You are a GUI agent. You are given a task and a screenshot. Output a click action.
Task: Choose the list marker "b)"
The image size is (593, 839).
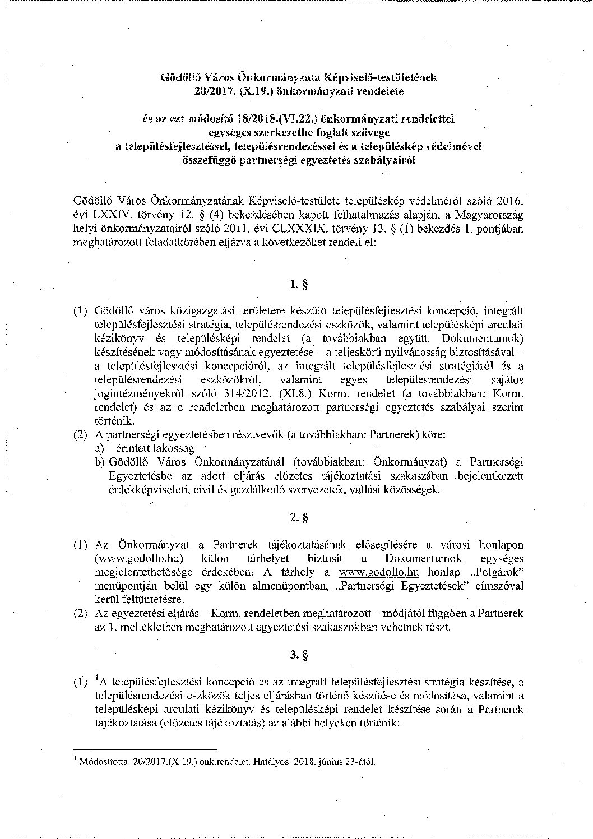pos(100,462)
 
